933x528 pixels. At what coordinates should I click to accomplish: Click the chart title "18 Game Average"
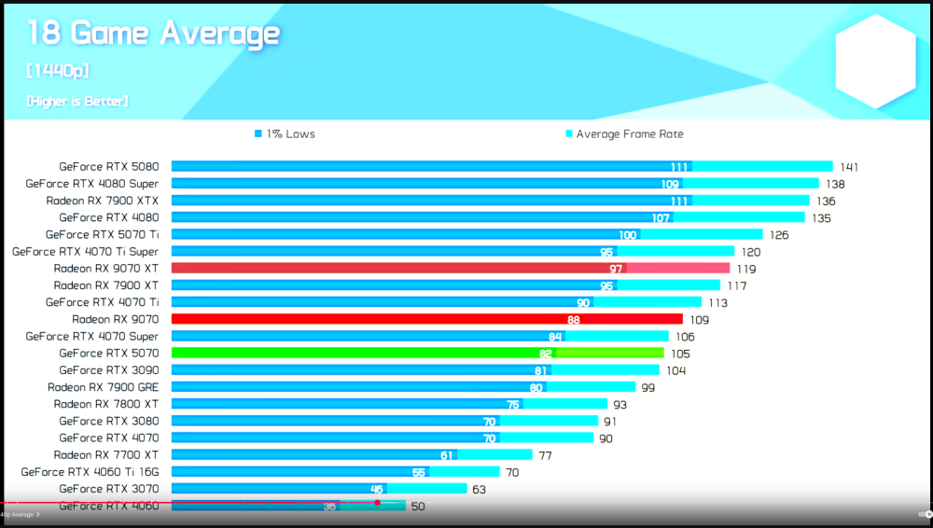(154, 34)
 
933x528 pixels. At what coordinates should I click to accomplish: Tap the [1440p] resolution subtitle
(58, 71)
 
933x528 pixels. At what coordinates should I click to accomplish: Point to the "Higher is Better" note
(77, 101)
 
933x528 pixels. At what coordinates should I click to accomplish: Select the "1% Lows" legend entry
(285, 134)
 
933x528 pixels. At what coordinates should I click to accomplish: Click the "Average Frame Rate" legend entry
(624, 134)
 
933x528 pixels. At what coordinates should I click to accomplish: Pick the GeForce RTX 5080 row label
(108, 167)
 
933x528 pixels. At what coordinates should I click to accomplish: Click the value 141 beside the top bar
(848, 168)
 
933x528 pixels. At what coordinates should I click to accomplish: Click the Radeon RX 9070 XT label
(105, 269)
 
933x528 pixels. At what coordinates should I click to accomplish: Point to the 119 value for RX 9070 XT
(745, 270)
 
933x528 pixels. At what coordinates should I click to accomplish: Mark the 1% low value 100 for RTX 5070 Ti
(628, 235)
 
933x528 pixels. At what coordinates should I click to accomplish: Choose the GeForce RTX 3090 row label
(108, 370)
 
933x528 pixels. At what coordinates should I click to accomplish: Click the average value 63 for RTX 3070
(479, 490)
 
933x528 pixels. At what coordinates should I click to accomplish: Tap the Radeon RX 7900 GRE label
(103, 387)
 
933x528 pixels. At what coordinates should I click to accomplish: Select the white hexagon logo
(875, 62)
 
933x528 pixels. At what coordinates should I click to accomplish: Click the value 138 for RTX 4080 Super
(834, 185)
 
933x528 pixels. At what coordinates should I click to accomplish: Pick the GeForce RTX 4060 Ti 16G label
(90, 472)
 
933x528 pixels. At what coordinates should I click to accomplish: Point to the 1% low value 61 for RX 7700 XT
(447, 455)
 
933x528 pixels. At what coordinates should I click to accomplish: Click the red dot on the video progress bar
(377, 503)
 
